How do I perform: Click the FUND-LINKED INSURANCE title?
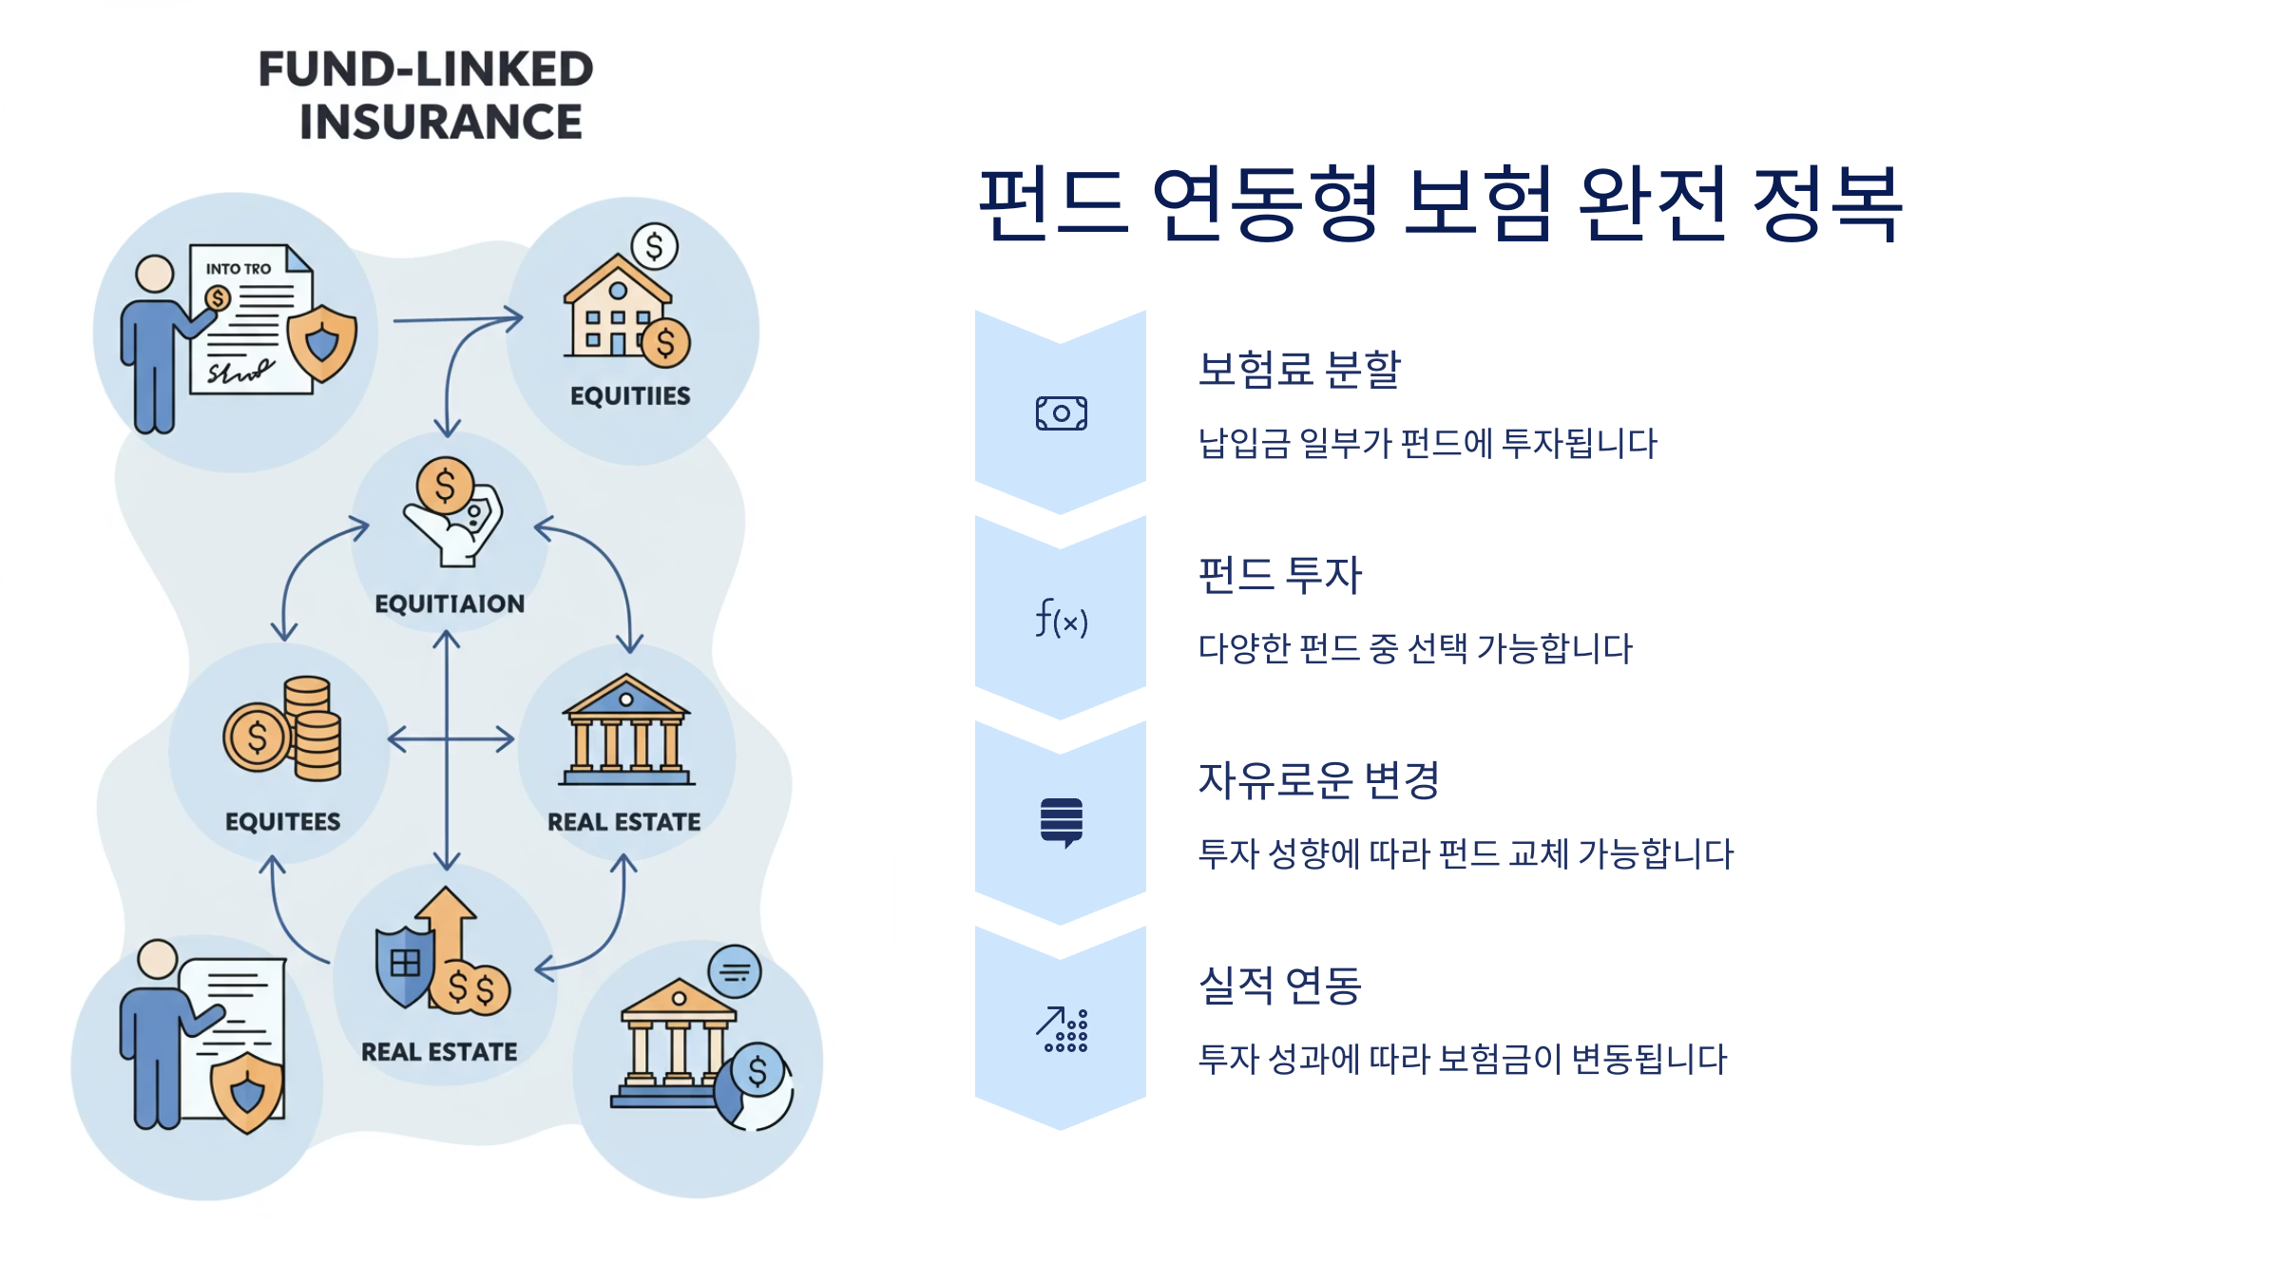point(426,95)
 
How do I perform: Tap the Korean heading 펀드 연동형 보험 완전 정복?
point(1439,203)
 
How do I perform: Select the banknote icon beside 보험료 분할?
point(1061,413)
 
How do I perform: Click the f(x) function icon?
point(1061,619)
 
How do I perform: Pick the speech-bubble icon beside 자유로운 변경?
point(1061,822)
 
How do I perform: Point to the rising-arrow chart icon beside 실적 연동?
point(1061,1030)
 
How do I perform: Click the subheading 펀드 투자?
point(1279,575)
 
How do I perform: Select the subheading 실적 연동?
point(1279,986)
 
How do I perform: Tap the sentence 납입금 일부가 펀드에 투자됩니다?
point(1427,444)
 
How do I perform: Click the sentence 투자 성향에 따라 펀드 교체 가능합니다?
point(1465,854)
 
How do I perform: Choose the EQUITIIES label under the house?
point(630,396)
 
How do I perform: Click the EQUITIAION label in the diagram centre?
point(450,604)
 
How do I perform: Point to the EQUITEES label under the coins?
point(282,822)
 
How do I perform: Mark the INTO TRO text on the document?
point(239,269)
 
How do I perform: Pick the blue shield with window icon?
point(405,965)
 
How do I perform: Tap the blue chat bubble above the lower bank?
point(735,971)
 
